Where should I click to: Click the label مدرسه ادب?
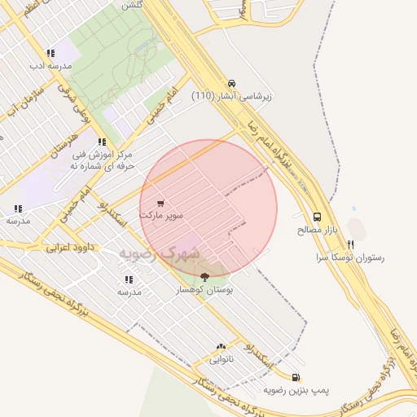(50, 65)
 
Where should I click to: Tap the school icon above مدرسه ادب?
(50, 53)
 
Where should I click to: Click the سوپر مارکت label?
(161, 216)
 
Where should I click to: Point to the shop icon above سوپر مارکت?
(160, 204)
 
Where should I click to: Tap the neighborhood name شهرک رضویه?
(159, 253)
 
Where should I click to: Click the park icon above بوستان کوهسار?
(204, 277)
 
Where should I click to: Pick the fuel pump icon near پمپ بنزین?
(295, 378)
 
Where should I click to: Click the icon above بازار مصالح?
(317, 217)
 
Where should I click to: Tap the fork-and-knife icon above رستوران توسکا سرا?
(350, 244)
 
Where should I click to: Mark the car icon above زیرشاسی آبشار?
(232, 83)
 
